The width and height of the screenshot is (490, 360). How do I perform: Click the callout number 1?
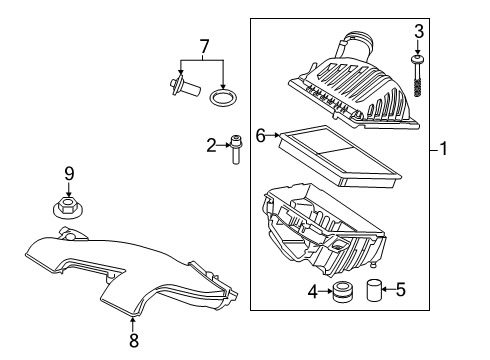pos(443,149)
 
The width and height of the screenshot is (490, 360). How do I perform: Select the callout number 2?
pos(211,146)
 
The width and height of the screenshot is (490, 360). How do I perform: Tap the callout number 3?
pos(419,32)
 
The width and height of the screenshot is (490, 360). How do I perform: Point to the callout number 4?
pos(313,292)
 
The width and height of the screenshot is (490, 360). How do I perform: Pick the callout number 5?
pos(401,289)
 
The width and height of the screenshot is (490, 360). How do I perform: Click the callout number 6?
pos(261,136)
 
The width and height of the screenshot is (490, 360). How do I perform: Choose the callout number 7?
pos(204,47)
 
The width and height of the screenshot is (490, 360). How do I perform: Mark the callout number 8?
pos(134,340)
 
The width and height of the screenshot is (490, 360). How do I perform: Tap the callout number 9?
pos(69,174)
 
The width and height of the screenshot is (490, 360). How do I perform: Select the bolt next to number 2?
pos(236,150)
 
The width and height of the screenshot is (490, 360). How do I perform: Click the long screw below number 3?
pos(417,75)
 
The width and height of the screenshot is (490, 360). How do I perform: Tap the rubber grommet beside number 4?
pos(343,292)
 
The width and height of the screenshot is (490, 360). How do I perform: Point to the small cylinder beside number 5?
pos(374,290)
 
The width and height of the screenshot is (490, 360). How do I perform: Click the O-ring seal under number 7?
pos(223,98)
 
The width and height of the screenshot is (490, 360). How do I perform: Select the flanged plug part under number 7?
pos(185,86)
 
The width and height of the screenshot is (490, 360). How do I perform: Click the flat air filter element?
pos(340,155)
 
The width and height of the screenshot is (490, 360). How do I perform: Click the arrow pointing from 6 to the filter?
pos(273,135)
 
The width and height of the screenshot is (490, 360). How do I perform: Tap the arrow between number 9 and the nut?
pos(69,189)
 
